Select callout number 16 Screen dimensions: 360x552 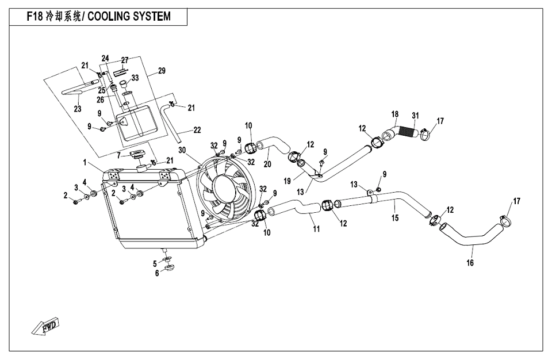(470, 263)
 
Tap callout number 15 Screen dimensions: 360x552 (395, 219)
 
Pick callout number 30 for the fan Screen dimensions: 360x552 (182, 150)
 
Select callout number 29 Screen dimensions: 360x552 (162, 71)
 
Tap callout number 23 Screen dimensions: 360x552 (77, 109)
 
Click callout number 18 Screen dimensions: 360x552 (395, 114)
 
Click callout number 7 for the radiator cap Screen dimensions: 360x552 (118, 155)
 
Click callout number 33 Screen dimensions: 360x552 (135, 78)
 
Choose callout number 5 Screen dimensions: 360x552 (155, 263)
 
